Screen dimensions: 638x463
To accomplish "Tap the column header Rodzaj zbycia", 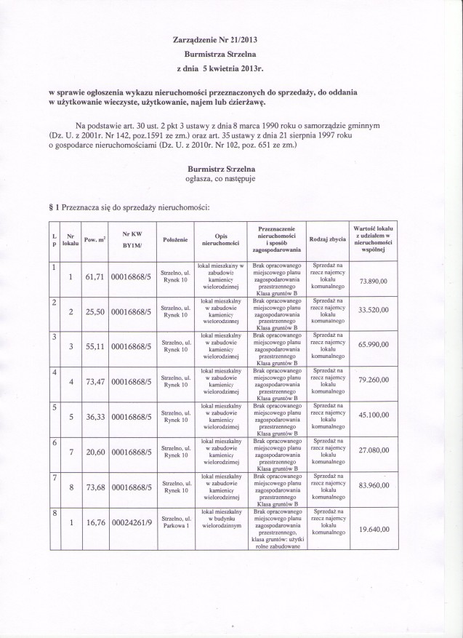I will coord(327,239).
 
